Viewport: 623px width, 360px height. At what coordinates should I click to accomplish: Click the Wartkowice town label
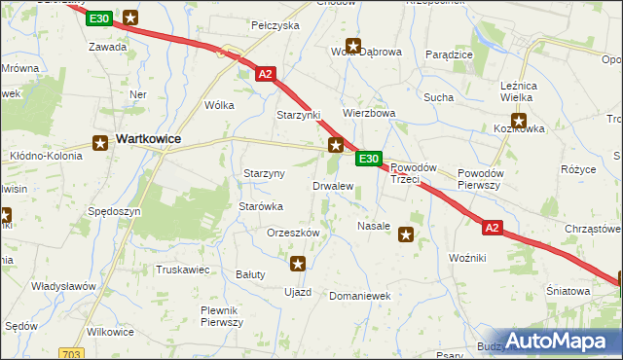(x=148, y=139)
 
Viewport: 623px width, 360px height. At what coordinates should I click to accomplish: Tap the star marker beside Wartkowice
(x=99, y=143)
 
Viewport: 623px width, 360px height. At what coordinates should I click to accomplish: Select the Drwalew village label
(x=332, y=185)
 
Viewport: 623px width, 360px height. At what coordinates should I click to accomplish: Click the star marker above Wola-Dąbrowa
(x=353, y=45)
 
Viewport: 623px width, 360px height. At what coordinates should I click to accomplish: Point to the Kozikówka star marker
(x=519, y=123)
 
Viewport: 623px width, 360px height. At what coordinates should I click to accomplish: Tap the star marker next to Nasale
(x=406, y=233)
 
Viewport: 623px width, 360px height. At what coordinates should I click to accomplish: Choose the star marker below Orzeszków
(x=298, y=263)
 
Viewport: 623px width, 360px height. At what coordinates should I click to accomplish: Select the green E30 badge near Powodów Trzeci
(x=367, y=159)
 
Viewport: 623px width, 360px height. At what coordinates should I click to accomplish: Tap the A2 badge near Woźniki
(x=493, y=228)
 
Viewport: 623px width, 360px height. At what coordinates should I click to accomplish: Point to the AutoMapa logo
(x=556, y=341)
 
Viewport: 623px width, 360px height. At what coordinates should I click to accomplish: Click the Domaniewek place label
(x=359, y=295)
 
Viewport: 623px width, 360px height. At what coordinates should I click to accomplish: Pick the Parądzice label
(x=449, y=54)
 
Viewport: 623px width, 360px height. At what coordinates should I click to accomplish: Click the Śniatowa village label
(x=568, y=291)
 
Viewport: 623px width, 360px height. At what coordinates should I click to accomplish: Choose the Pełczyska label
(x=275, y=25)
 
